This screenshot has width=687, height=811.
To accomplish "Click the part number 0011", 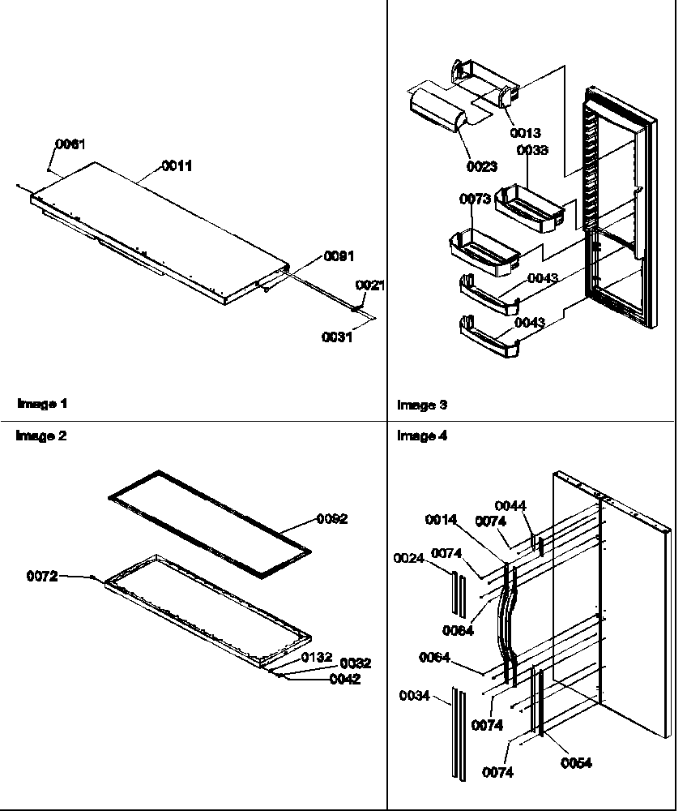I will point(177,165).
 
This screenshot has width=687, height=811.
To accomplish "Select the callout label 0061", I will point(70,144).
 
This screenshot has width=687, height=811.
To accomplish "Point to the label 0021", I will point(370,285).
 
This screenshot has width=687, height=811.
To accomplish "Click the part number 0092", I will point(333,519).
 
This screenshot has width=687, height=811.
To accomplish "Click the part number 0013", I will point(525,132).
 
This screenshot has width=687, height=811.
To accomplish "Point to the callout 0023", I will point(482,168).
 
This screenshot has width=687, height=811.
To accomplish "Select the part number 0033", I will point(531,150).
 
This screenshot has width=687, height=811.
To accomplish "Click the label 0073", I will point(475,199).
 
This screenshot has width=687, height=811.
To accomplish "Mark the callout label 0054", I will point(576,762).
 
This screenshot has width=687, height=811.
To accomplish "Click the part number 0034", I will point(415,695).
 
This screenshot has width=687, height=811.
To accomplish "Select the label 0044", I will point(510,505).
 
